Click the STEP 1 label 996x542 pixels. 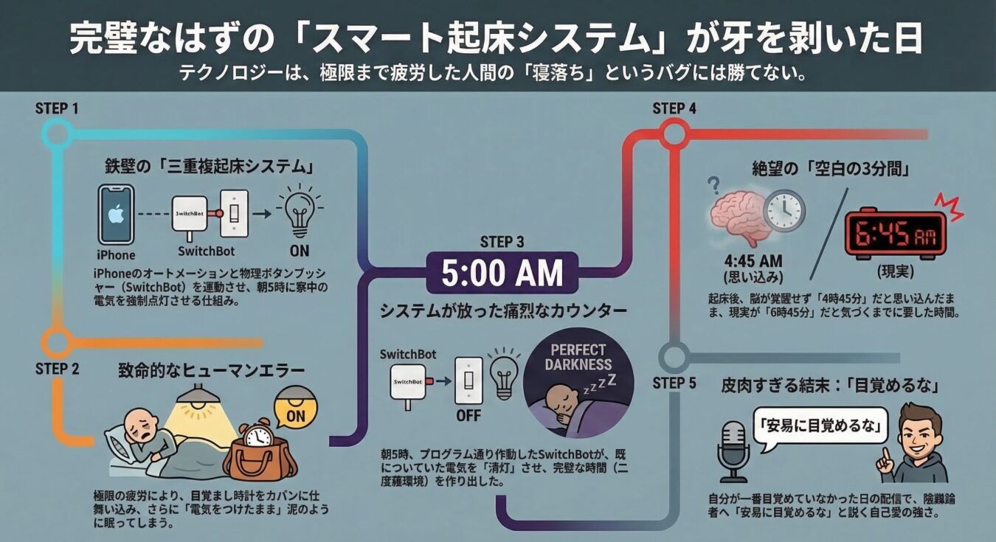click(57, 108)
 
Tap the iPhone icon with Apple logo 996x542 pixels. click(116, 215)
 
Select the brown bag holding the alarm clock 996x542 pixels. click(260, 451)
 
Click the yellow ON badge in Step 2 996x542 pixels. click(295, 415)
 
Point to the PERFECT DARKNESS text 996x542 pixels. click(578, 357)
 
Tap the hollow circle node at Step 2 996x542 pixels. click(57, 342)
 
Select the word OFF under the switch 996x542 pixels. click(468, 415)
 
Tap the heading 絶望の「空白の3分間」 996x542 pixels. click(830, 167)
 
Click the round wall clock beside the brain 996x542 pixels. click(784, 210)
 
